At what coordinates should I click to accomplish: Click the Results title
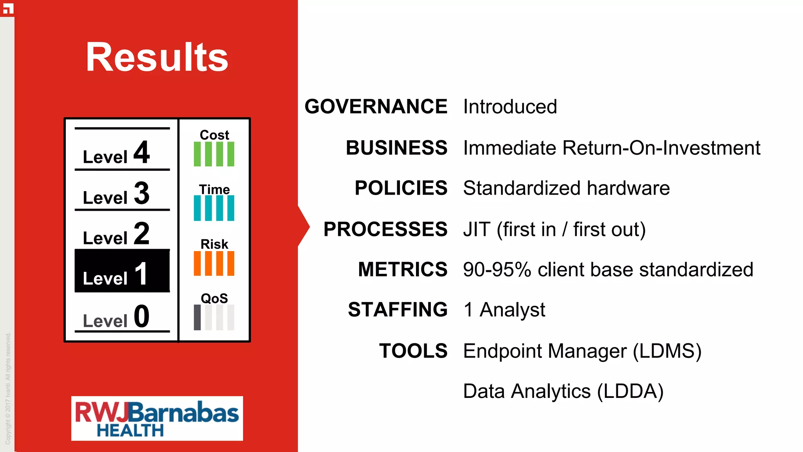pos(157,57)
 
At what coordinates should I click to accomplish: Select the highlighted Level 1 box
pos(122,271)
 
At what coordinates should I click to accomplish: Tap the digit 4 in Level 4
pos(142,152)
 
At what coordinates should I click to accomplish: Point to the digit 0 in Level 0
pos(142,316)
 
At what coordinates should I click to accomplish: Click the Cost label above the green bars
pos(214,135)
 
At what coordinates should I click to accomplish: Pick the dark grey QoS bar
pos(197,317)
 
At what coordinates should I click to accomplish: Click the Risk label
pos(214,244)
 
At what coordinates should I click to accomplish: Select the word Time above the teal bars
pos(214,190)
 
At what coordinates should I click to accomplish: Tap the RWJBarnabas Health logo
pos(157,418)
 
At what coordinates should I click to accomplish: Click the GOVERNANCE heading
pos(376,107)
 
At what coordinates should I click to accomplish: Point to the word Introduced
pos(510,107)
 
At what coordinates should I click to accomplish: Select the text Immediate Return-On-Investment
pos(611,148)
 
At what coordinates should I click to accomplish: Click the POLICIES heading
pos(401,188)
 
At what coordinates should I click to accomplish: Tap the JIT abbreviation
pos(476,229)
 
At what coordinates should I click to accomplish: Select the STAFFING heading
pos(398,310)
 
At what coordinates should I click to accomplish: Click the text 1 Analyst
pos(504,310)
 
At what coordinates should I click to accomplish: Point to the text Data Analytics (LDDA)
pos(563,391)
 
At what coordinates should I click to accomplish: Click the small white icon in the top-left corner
pos(8,8)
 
